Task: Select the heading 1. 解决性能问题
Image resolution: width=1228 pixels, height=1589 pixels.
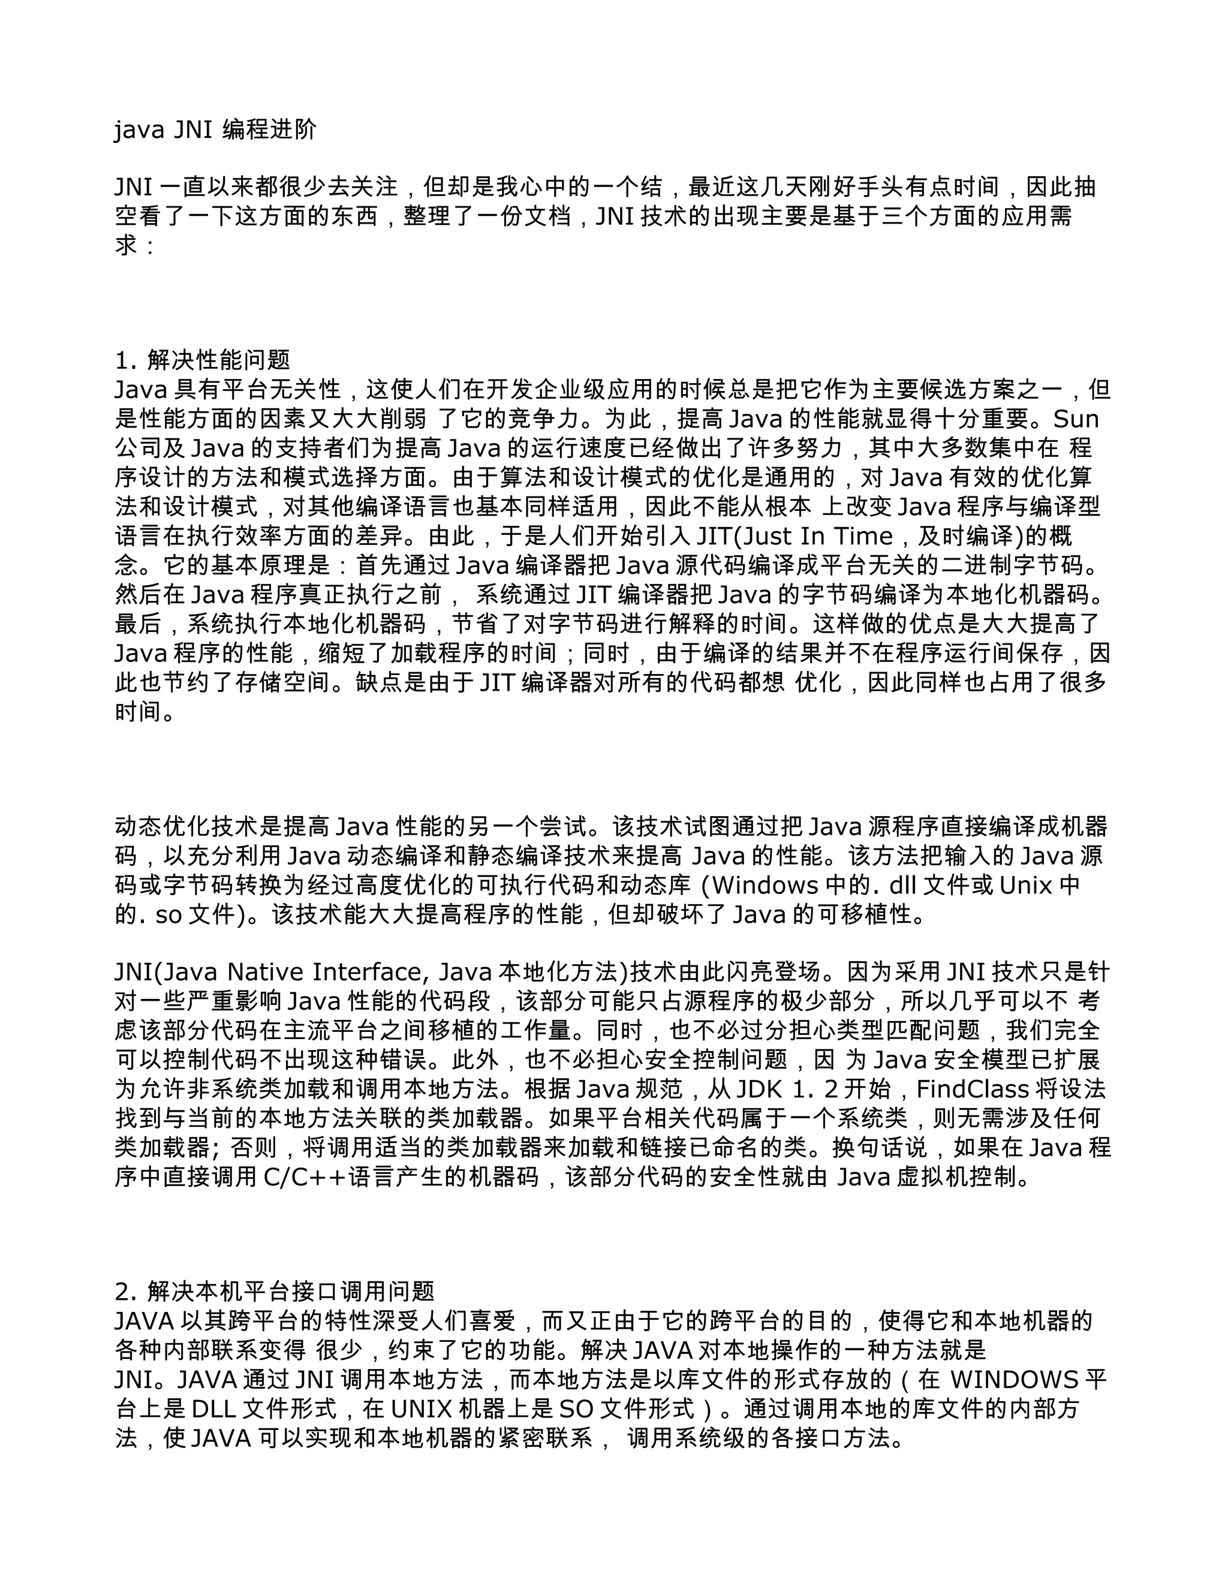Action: tap(202, 359)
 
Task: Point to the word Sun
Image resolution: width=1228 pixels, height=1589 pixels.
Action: tap(1076, 419)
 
